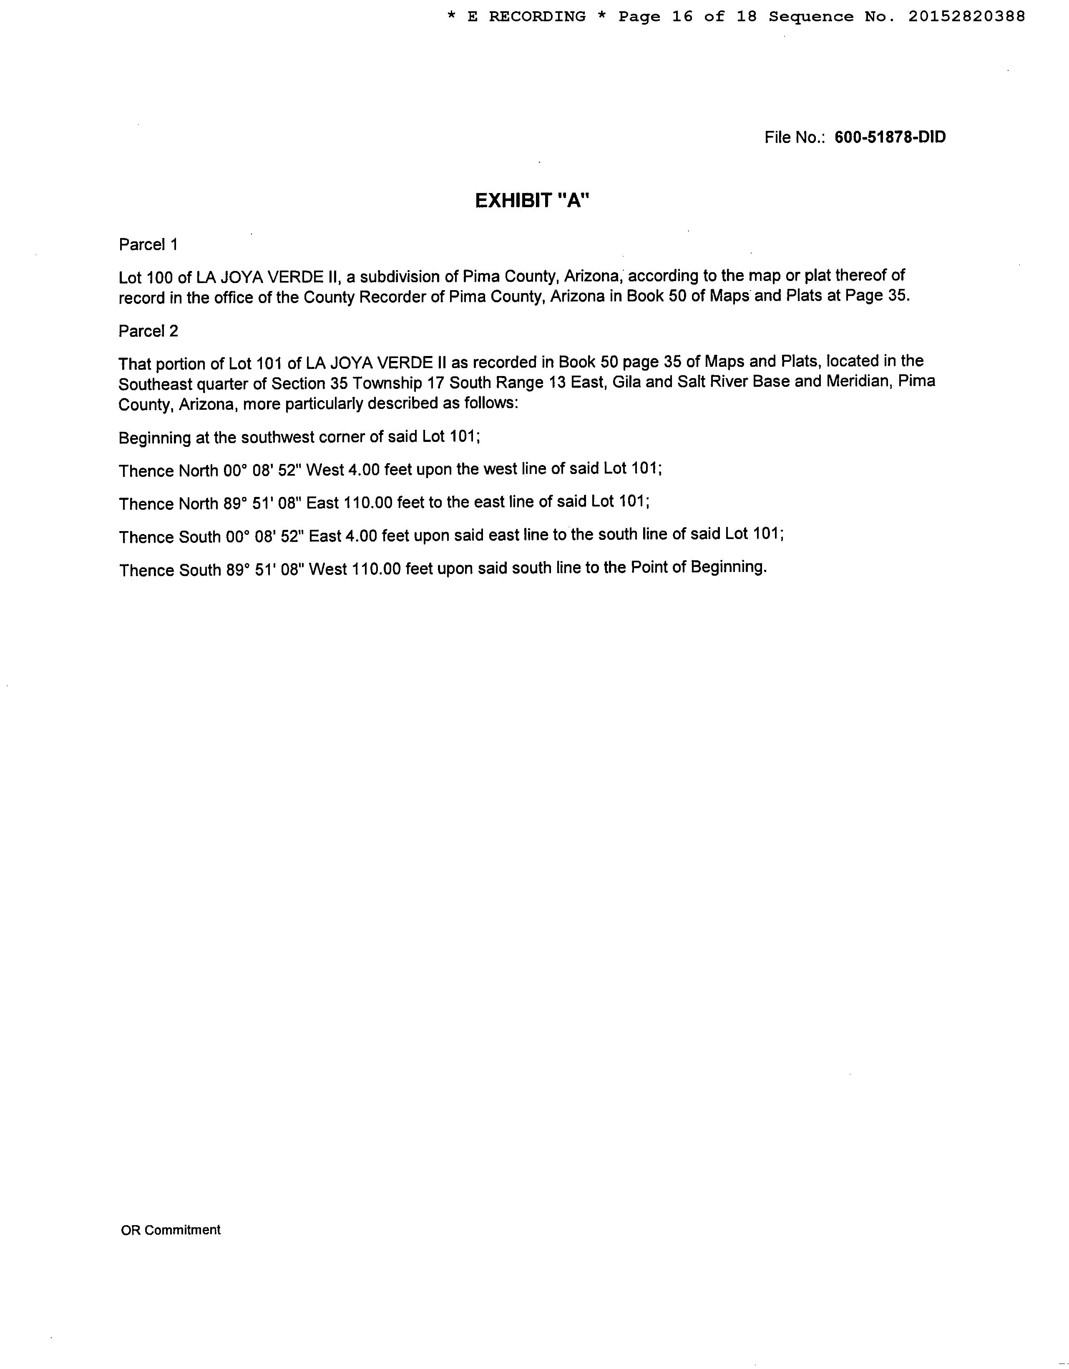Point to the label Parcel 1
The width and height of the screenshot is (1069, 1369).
point(148,244)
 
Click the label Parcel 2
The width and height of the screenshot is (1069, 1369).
point(148,331)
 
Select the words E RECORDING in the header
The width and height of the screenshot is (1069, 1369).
point(526,17)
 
